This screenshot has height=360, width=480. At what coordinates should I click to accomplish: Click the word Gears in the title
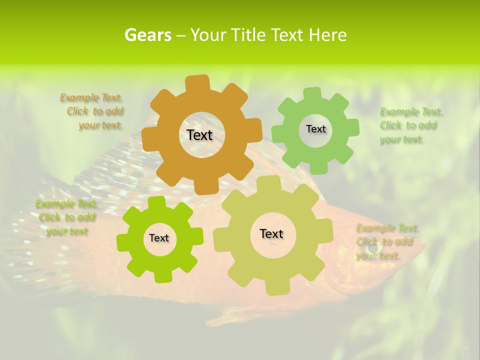tap(147, 35)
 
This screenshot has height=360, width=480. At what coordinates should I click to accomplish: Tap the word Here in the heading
tap(328, 35)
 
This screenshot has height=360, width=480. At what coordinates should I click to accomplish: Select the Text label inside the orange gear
tap(199, 135)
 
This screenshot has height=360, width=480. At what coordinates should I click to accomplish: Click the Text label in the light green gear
tap(315, 129)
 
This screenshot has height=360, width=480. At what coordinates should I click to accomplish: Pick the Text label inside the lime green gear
tap(159, 238)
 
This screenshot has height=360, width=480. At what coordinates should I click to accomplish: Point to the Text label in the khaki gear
tap(271, 233)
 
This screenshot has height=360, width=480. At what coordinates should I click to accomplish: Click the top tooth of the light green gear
tap(312, 94)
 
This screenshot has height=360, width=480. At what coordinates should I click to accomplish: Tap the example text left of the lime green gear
tap(66, 217)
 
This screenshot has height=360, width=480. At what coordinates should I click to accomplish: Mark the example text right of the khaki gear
tap(386, 242)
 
